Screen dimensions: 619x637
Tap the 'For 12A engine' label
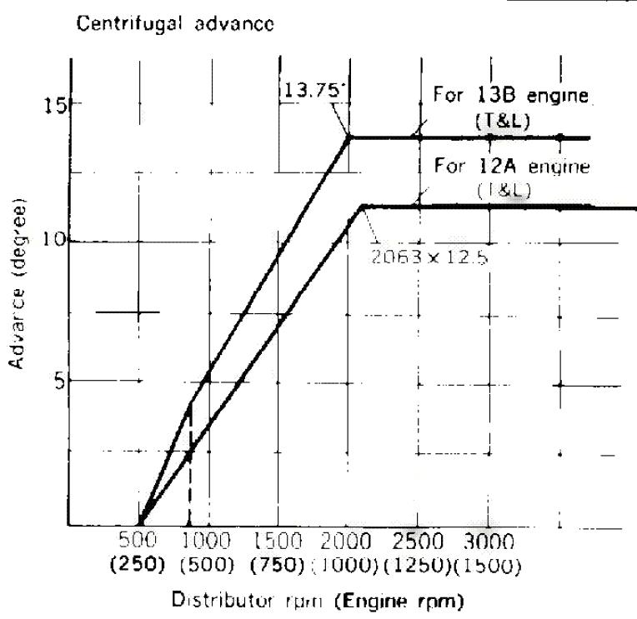[x=512, y=166]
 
